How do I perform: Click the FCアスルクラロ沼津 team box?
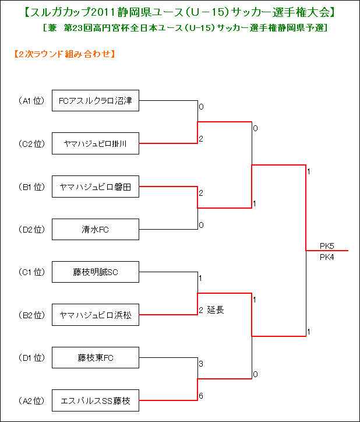tap(96, 100)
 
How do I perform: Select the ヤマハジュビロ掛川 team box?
tap(96, 143)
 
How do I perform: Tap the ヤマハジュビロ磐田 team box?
tap(96, 187)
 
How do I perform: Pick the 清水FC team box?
tap(96, 229)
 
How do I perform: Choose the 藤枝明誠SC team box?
tap(96, 272)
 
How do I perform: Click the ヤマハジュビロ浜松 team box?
tap(96, 315)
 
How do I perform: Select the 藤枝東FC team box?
tap(96, 357)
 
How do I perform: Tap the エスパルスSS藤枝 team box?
tap(96, 400)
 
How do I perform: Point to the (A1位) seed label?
tap(31, 101)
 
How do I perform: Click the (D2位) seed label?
tap(31, 230)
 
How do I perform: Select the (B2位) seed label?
tap(31, 315)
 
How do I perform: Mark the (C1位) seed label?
tap(31, 272)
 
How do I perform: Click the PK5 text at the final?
tap(327, 246)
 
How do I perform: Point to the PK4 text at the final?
tap(327, 257)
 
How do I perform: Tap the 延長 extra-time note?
tap(216, 310)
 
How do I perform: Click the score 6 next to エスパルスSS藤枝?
tap(201, 396)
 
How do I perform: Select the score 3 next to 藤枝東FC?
tap(201, 364)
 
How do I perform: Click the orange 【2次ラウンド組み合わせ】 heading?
tap(65, 54)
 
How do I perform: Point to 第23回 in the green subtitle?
tap(77, 28)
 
